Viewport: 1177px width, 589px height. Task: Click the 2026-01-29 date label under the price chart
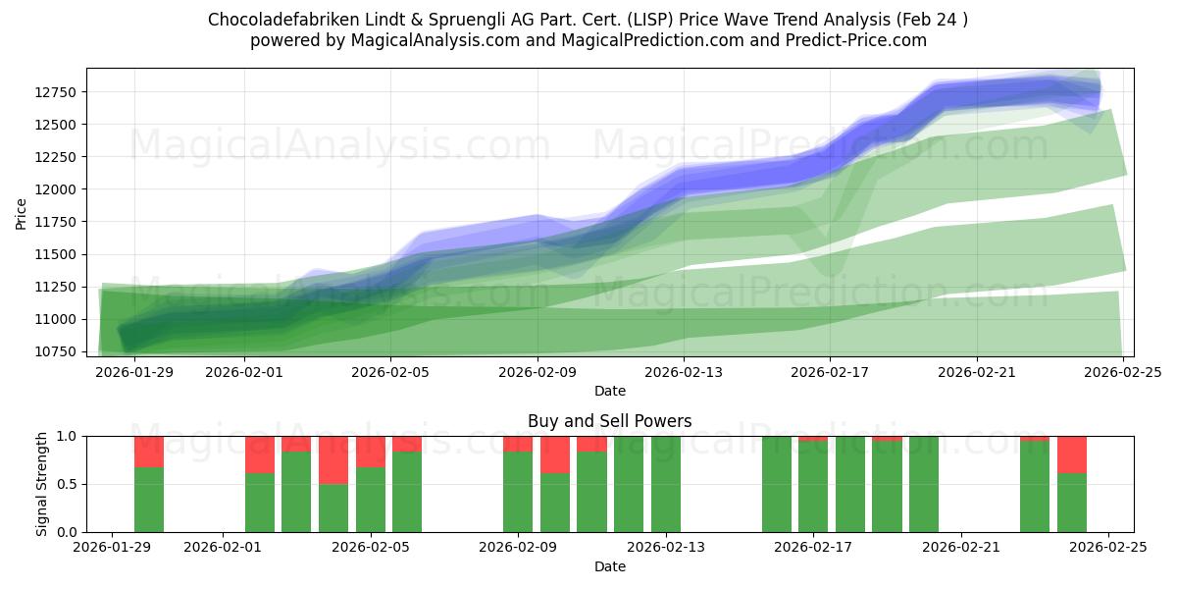tap(134, 372)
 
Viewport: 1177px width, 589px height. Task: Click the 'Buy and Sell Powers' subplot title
tap(609, 421)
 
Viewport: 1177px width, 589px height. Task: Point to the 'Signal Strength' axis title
tap(42, 484)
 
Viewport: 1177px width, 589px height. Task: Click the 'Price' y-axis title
tap(22, 213)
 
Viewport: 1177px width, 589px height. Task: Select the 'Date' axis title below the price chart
tap(609, 391)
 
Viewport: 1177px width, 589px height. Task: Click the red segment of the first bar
tap(149, 452)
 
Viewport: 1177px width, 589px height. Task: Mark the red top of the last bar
tap(1072, 455)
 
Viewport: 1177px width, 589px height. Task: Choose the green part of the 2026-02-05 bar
tap(371, 500)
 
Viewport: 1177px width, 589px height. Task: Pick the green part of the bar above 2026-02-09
tap(518, 492)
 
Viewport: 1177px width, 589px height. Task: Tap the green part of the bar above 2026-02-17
tap(813, 487)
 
